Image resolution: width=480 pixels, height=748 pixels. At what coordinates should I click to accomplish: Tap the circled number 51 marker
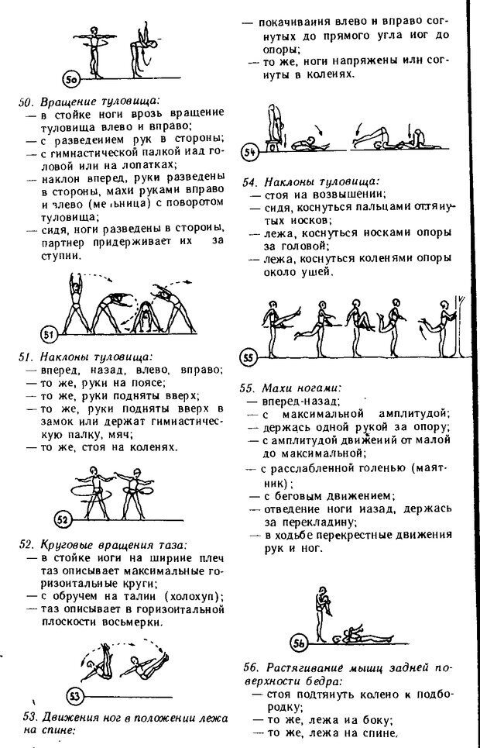(x=49, y=334)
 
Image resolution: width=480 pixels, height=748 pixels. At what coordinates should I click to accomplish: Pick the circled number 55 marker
(x=249, y=358)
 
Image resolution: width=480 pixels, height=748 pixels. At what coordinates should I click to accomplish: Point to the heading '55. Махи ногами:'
(x=291, y=388)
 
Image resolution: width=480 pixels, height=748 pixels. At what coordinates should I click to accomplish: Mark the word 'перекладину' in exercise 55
(x=304, y=522)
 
